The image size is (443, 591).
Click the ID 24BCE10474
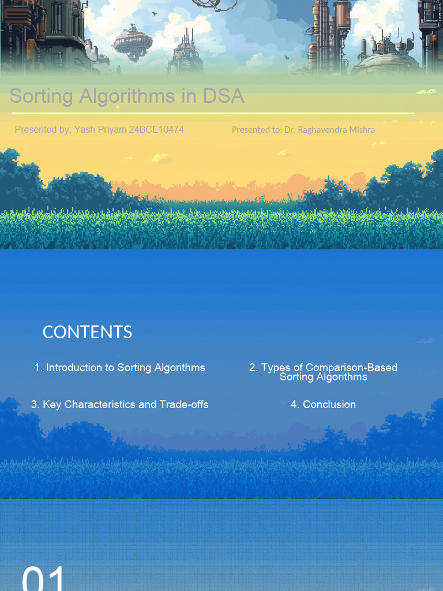156,129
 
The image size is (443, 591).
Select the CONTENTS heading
87,332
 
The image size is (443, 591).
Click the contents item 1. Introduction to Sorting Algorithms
119,367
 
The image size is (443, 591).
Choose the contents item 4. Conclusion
323,404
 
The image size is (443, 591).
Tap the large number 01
44,579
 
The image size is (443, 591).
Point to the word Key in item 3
52,404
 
